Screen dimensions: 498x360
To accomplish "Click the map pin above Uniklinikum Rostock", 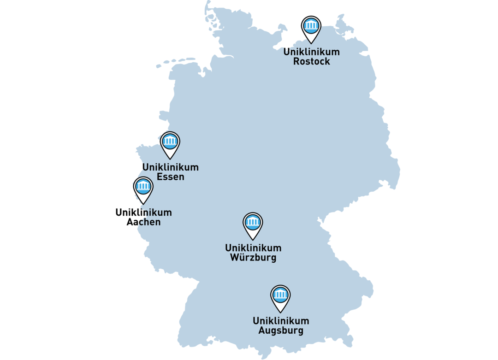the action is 311,27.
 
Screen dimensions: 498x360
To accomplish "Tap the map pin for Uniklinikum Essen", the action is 170,142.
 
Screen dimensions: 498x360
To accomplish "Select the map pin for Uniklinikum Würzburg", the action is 253,223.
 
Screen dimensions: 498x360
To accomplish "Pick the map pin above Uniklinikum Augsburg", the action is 280,295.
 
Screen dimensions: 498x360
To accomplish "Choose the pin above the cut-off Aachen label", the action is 143,187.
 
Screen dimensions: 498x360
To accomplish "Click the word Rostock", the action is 312,61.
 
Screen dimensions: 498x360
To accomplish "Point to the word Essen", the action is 171,177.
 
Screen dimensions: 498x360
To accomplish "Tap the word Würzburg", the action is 253,258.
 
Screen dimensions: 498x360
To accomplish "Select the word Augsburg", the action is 281,330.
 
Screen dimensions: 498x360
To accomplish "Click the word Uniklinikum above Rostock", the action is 312,52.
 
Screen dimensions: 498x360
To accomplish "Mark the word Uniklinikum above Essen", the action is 171,167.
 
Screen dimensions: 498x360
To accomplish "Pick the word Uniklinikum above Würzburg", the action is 253,248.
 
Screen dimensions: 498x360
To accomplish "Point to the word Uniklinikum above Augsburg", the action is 281,321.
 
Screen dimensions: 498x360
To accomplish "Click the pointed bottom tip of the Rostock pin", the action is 311,43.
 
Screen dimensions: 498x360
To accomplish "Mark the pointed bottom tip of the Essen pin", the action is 170,159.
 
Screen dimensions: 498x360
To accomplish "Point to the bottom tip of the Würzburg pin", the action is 253,240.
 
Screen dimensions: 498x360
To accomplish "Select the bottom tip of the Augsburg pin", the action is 280,313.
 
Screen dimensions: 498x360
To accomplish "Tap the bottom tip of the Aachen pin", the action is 143,204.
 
